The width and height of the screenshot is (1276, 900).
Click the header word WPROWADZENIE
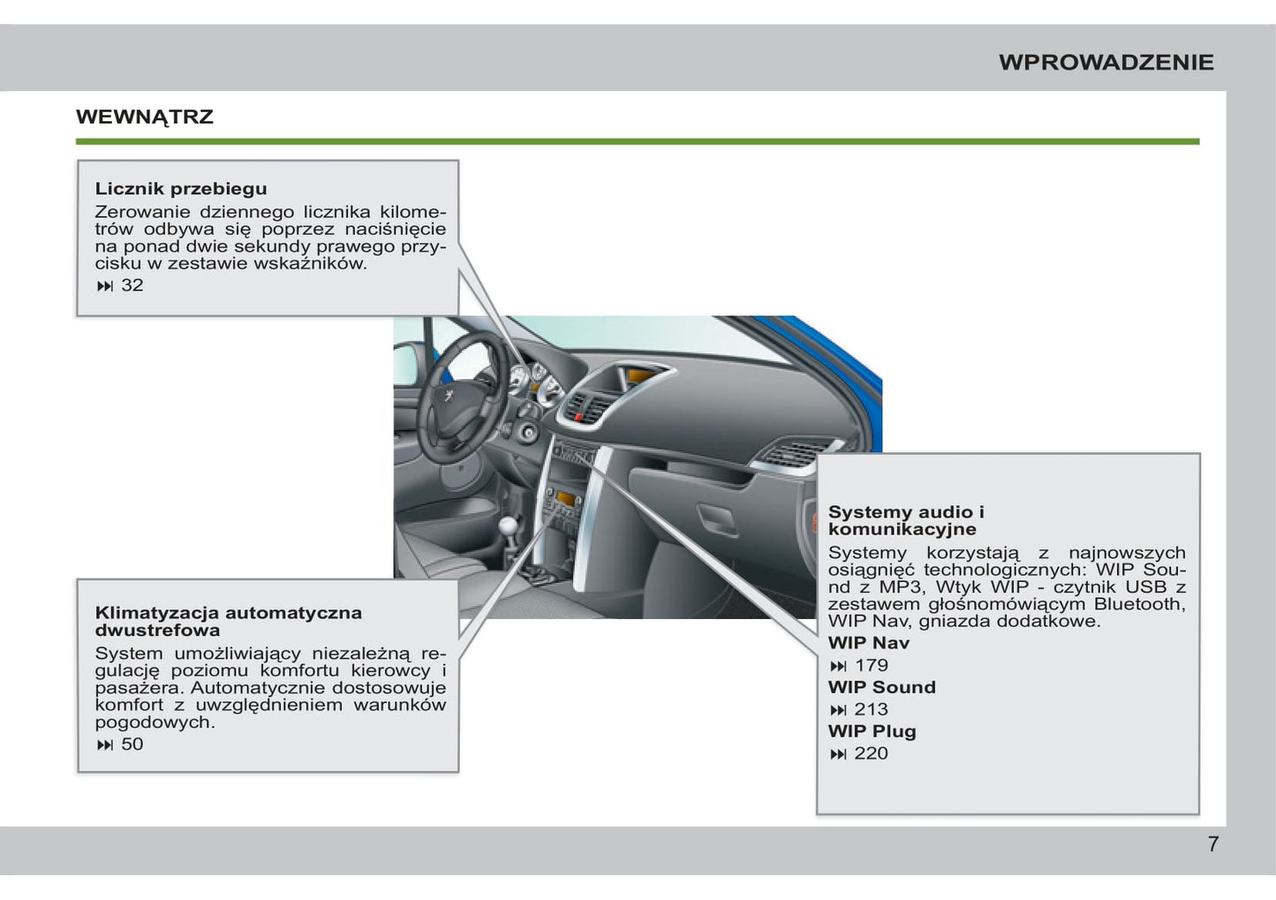pyautogui.click(x=1106, y=62)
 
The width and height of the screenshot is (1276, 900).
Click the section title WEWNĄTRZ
pyautogui.click(x=145, y=117)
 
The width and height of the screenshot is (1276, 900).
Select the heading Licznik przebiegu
pyautogui.click(x=181, y=188)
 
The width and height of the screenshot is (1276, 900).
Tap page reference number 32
pyautogui.click(x=132, y=285)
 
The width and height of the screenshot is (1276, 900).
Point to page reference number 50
pyautogui.click(x=132, y=745)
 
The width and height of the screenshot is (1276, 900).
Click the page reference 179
pyautogui.click(x=872, y=666)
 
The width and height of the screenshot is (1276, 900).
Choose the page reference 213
pyautogui.click(x=872, y=709)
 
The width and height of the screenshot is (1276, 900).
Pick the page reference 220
pyautogui.click(x=872, y=753)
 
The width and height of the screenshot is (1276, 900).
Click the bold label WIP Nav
pyautogui.click(x=868, y=643)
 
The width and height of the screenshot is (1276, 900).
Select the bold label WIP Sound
pyautogui.click(x=881, y=687)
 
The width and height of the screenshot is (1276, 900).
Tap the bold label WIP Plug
pyautogui.click(x=872, y=731)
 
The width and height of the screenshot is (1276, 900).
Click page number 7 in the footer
pyautogui.click(x=1212, y=844)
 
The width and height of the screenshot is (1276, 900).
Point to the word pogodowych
pyautogui.click(x=155, y=722)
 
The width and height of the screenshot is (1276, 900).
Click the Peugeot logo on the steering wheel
pyautogui.click(x=450, y=396)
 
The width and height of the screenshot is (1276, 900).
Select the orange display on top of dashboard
pyautogui.click(x=638, y=377)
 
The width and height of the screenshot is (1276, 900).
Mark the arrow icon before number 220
pyautogui.click(x=838, y=754)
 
